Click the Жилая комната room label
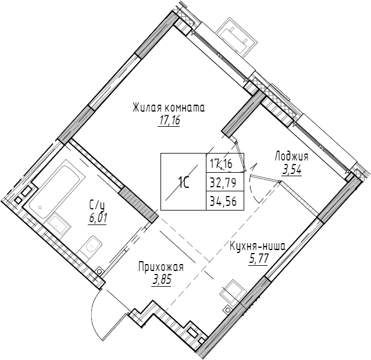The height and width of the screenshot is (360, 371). click(x=169, y=108)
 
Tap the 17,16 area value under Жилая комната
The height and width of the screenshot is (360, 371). click(x=169, y=122)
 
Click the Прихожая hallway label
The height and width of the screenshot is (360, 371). click(x=160, y=267)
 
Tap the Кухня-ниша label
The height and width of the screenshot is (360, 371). click(x=256, y=246)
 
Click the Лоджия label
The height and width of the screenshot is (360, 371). click(x=291, y=156)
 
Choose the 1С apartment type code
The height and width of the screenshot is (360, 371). click(x=183, y=182)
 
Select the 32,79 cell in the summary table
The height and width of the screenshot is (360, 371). click(x=224, y=181)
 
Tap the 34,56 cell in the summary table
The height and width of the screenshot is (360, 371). click(x=224, y=201)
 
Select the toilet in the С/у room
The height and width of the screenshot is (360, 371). click(x=91, y=247)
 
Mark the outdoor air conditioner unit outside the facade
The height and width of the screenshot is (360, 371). click(x=236, y=34)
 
